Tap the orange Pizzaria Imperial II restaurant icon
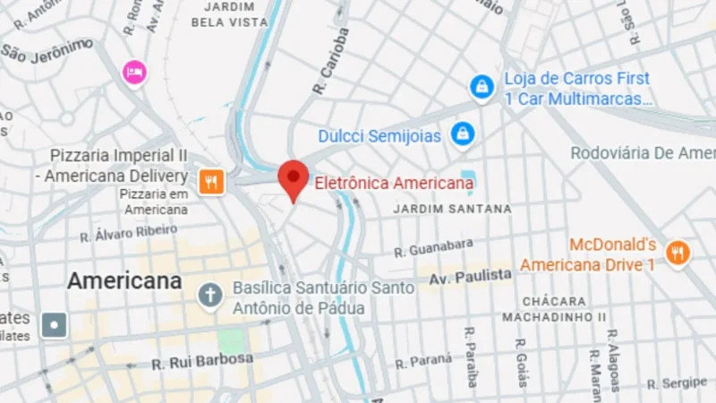pyautogui.click(x=210, y=181)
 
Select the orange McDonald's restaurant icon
pyautogui.click(x=678, y=253)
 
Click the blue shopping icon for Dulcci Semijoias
pyautogui.click(x=462, y=134)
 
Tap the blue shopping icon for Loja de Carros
pyautogui.click(x=482, y=87)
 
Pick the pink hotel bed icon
pyautogui.click(x=134, y=72)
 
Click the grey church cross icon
pyautogui.click(x=210, y=296)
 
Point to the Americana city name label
pyautogui.click(x=124, y=281)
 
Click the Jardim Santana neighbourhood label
pyautogui.click(x=453, y=209)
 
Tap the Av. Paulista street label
pyautogui.click(x=470, y=278)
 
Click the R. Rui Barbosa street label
pyautogui.click(x=202, y=361)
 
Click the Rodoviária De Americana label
pyautogui.click(x=643, y=153)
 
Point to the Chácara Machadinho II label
pyautogui.click(x=554, y=309)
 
